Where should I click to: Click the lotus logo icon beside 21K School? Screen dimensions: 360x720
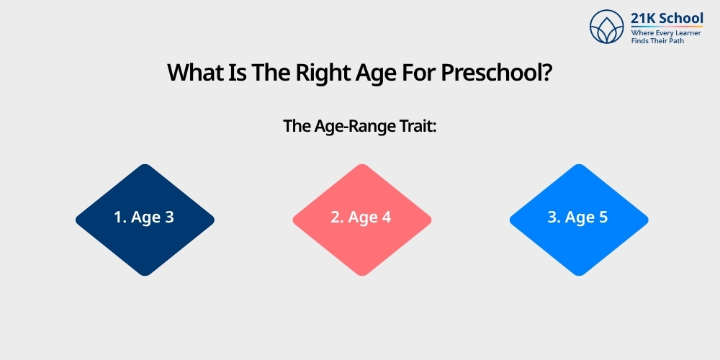(x=607, y=27)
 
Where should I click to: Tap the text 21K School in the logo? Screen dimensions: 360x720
(x=667, y=18)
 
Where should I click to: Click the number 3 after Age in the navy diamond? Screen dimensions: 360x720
(x=169, y=217)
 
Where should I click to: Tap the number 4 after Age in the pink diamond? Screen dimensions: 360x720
(x=387, y=217)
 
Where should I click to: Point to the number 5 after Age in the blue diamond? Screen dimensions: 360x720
(x=603, y=217)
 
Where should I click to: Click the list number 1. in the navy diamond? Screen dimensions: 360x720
(x=120, y=217)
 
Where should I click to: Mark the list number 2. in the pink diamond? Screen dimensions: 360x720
(x=337, y=217)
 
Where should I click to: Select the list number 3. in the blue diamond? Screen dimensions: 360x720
(x=554, y=217)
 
